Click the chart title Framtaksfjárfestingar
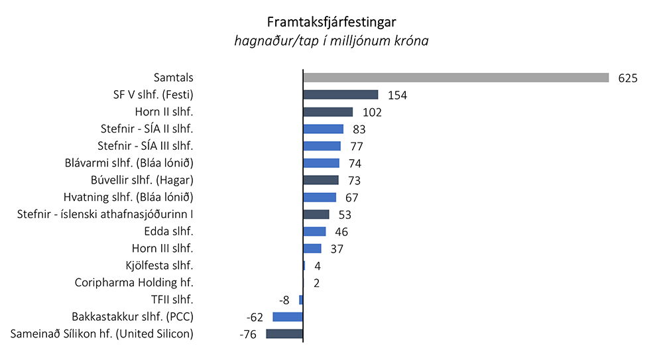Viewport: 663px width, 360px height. click(331, 21)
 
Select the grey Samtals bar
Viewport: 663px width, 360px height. click(455, 78)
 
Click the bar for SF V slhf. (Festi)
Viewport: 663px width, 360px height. click(340, 95)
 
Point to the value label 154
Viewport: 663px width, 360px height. click(396, 95)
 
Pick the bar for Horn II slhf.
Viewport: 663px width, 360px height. click(328, 112)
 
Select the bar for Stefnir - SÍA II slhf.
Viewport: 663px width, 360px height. click(323, 129)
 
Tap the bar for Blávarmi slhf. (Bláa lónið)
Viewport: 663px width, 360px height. click(321, 163)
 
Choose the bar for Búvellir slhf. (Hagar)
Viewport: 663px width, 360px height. click(321, 180)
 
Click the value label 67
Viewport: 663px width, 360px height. click(351, 198)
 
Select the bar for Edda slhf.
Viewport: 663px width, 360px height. click(314, 231)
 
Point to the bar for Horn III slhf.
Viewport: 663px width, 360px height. click(312, 249)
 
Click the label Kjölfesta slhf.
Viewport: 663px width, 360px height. click(159, 265)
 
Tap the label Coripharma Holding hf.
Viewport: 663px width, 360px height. click(134, 282)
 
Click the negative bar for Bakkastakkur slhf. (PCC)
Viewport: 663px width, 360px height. click(288, 317)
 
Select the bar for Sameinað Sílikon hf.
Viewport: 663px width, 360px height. click(284, 333)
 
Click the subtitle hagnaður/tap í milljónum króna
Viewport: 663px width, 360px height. click(331, 41)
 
